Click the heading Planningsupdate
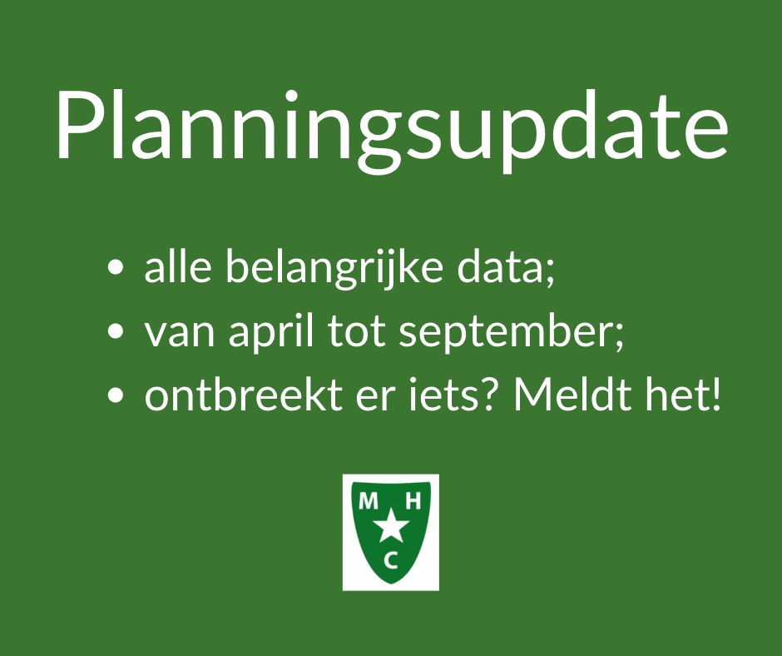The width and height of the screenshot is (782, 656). (x=392, y=132)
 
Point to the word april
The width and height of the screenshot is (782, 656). (x=272, y=332)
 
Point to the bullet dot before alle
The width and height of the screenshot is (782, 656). (x=115, y=267)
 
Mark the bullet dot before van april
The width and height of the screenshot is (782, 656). (x=115, y=331)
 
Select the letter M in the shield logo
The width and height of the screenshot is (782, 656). (x=369, y=500)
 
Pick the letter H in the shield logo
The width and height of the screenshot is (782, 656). (x=413, y=500)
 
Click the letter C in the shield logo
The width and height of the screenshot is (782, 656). (x=391, y=561)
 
